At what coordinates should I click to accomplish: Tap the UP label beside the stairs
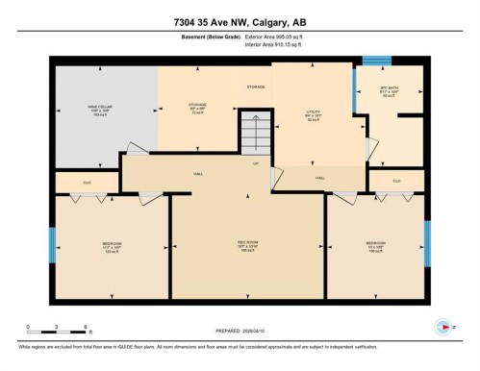point(256,163)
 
